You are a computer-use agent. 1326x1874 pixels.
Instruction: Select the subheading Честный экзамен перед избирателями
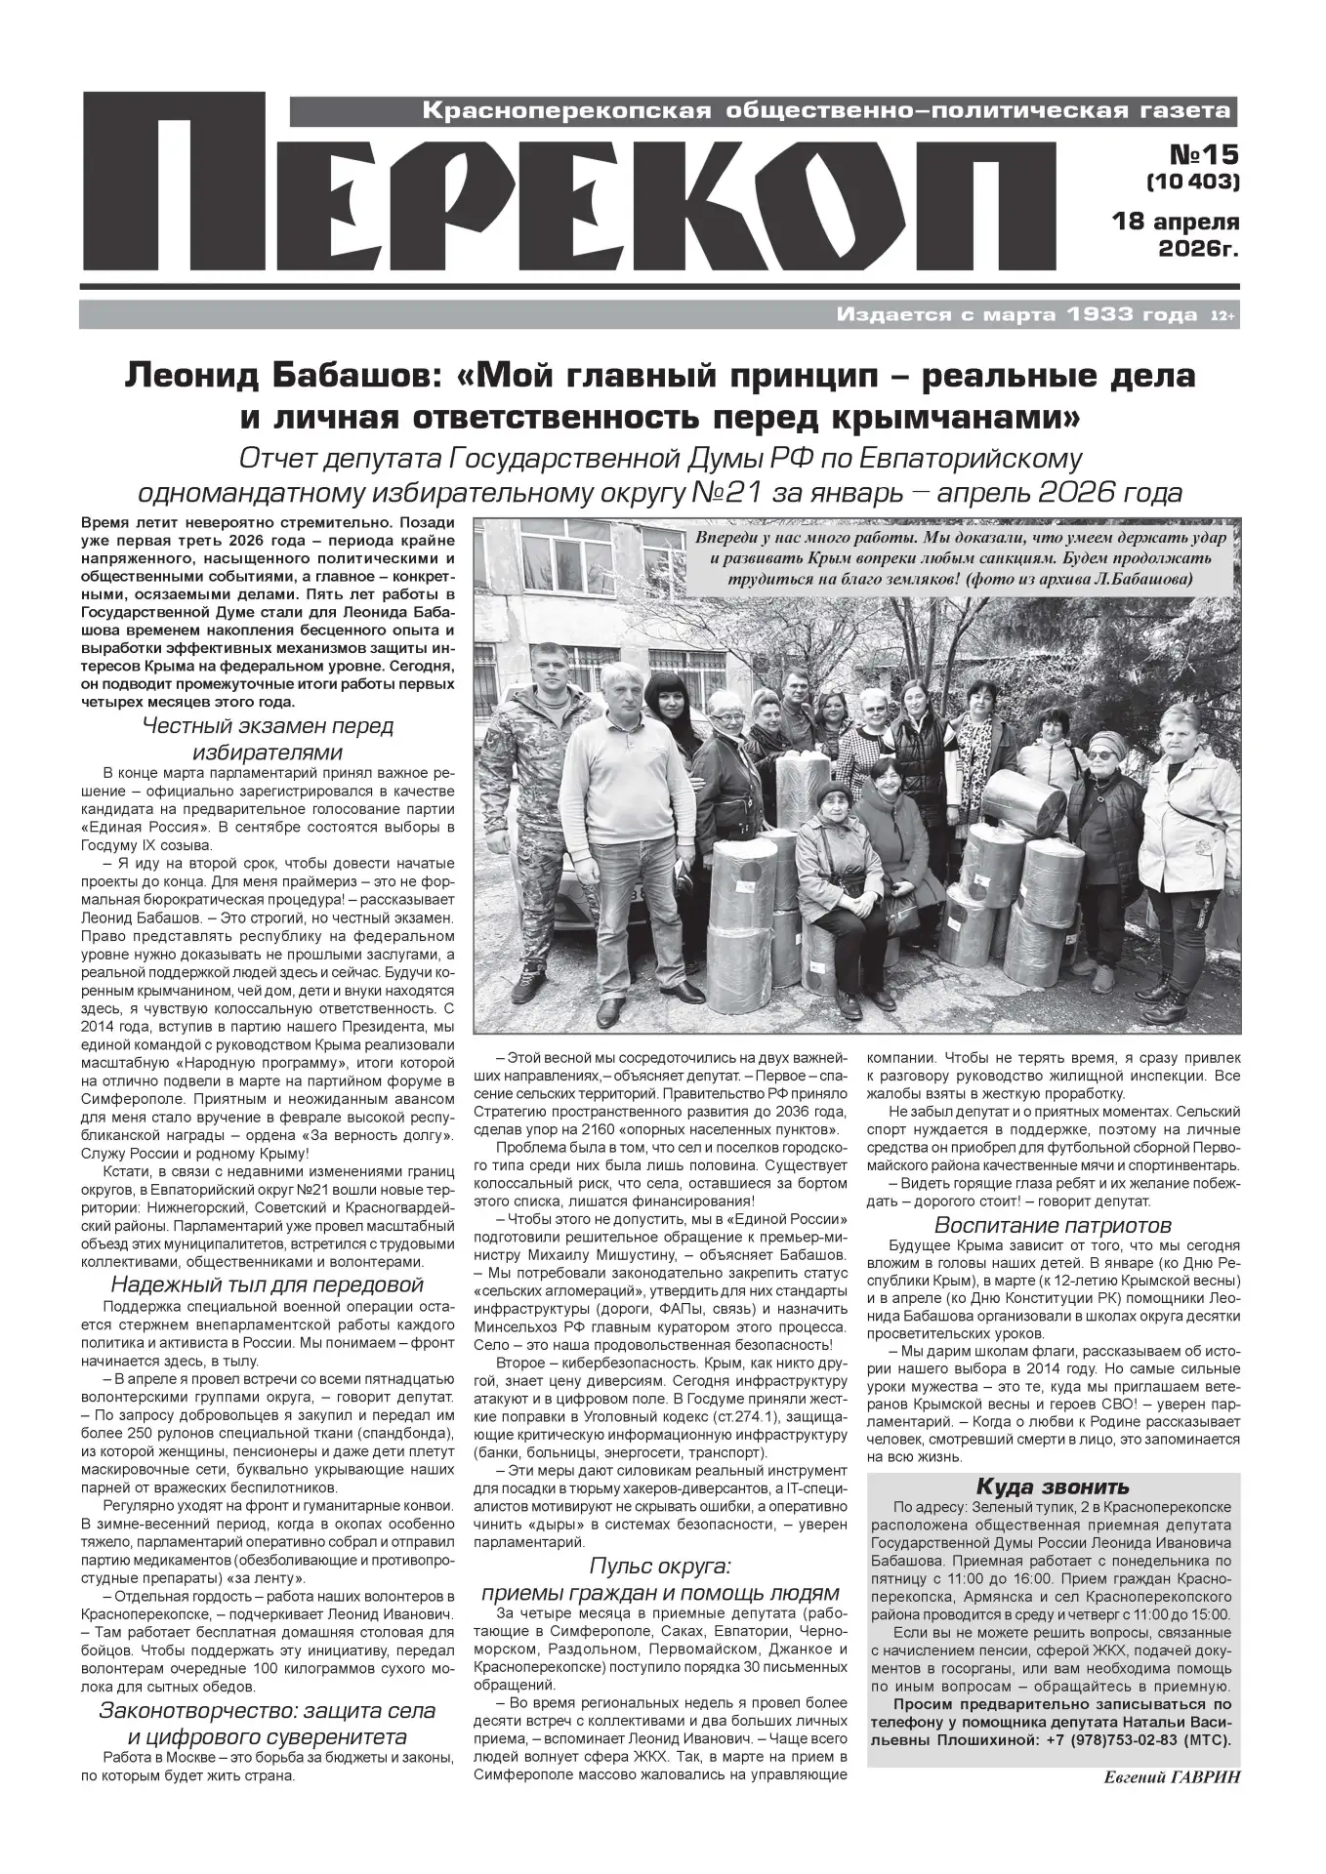(268, 739)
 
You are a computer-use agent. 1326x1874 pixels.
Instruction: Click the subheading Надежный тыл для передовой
(268, 1283)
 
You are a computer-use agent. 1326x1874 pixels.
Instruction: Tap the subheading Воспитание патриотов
(1053, 1225)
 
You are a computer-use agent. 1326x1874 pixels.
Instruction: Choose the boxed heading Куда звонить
(1053, 1487)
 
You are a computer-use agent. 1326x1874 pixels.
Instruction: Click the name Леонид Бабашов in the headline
(253, 377)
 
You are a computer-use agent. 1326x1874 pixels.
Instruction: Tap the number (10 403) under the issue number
(1192, 182)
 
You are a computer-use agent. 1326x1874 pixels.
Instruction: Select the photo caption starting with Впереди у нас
(953, 559)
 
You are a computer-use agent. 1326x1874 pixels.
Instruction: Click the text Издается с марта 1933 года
(1015, 315)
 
